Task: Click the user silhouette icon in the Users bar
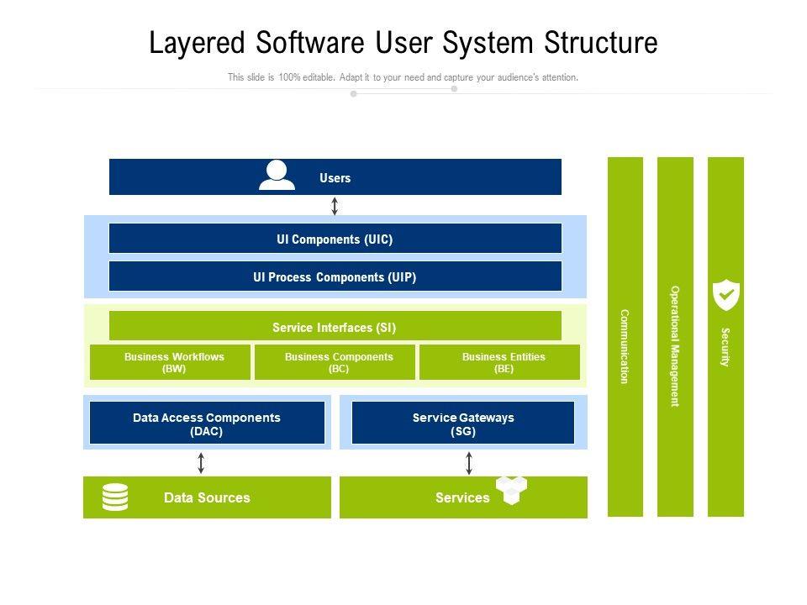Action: tap(277, 175)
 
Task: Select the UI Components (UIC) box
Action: tap(335, 239)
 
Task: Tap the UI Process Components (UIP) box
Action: tap(335, 276)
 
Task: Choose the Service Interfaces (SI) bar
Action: tap(335, 327)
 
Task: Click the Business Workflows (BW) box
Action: tap(170, 362)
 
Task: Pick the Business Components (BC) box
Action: tap(335, 362)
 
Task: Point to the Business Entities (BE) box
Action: tap(499, 362)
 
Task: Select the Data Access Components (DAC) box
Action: tap(207, 423)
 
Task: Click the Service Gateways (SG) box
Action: tap(463, 423)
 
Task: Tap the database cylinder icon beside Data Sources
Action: tap(115, 497)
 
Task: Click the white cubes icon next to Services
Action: tap(511, 489)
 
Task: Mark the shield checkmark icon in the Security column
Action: tap(725, 295)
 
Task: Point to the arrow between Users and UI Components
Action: tap(335, 206)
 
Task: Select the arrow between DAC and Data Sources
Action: tap(201, 462)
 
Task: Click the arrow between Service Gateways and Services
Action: tap(469, 462)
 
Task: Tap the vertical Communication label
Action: tap(625, 346)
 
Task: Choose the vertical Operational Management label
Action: tap(674, 346)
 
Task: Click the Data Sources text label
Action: tap(207, 497)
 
